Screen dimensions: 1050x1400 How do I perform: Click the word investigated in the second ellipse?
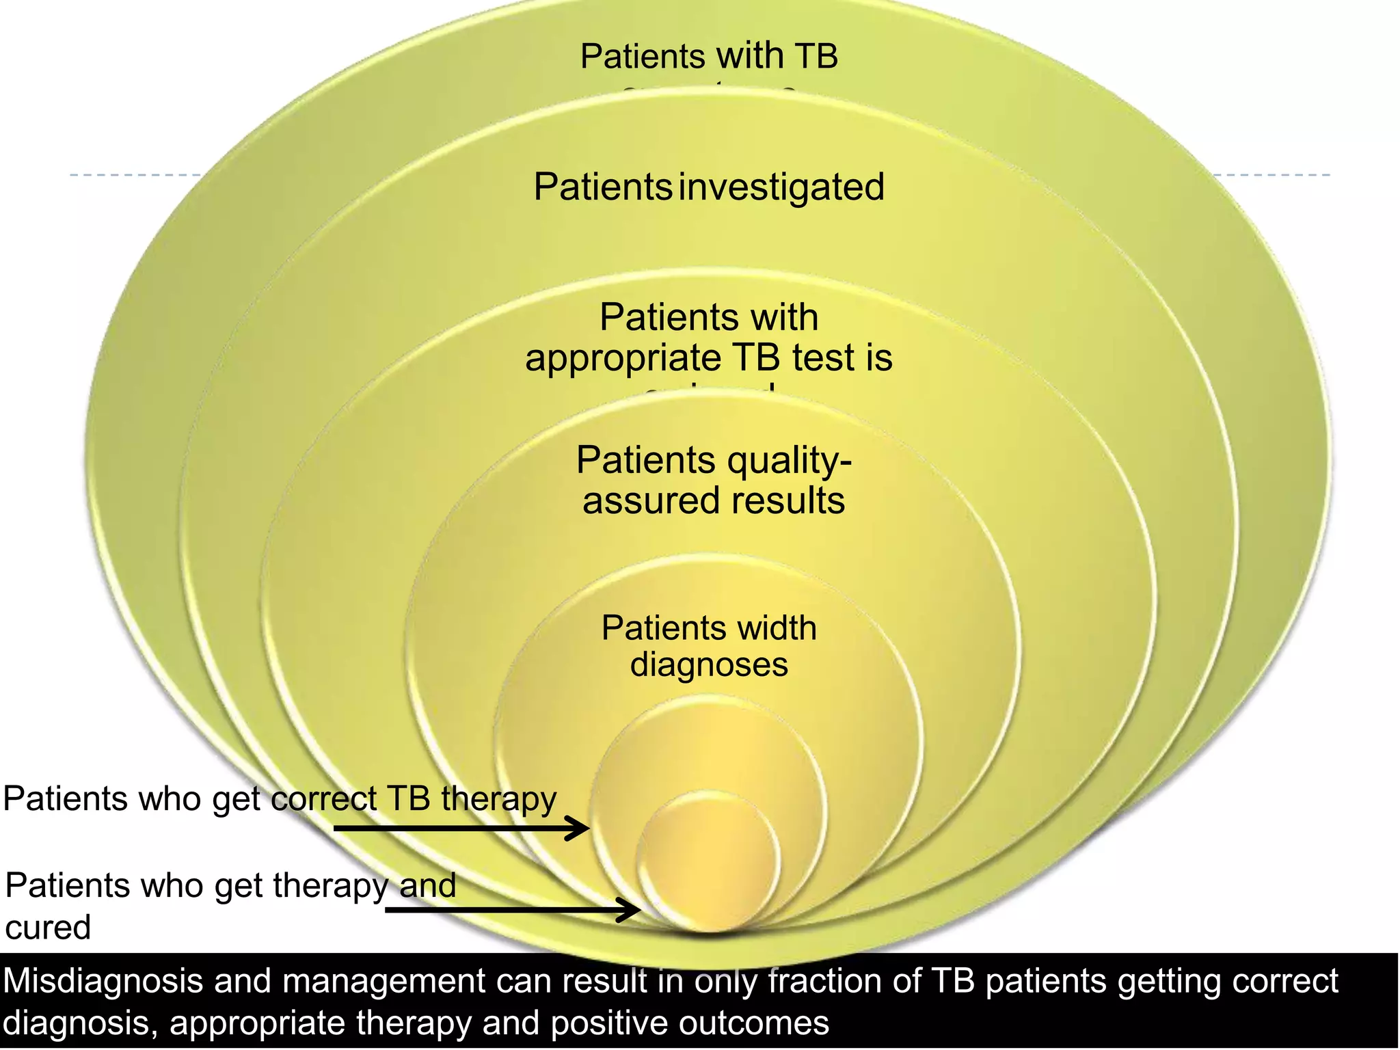pos(781,188)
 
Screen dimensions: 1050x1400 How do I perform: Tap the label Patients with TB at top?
pos(709,56)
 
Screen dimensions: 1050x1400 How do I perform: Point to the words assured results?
pos(714,501)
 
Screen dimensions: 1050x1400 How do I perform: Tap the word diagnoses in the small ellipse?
pos(709,664)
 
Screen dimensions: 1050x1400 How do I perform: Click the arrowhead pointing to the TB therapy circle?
pos(581,829)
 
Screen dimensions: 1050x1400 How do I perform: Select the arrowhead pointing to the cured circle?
pos(632,910)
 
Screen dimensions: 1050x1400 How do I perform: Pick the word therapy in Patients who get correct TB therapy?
pos(498,800)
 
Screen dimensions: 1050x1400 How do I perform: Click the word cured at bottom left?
pos(48,928)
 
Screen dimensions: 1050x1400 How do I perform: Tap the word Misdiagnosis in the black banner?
pos(103,982)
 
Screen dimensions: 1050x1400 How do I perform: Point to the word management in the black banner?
pos(383,982)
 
